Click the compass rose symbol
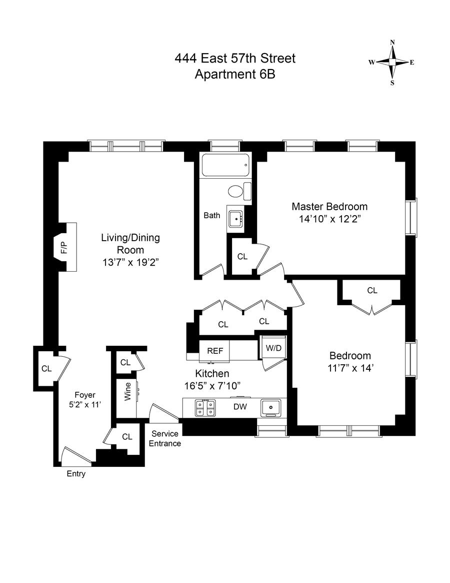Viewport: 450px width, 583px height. click(392, 62)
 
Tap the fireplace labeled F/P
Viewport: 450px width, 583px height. click(64, 247)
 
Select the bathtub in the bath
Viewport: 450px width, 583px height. click(225, 165)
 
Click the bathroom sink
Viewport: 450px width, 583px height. click(235, 219)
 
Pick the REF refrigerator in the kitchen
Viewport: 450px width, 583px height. click(215, 351)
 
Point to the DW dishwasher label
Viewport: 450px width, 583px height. click(240, 407)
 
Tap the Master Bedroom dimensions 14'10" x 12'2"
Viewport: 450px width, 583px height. click(329, 219)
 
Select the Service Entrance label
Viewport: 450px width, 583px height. click(165, 438)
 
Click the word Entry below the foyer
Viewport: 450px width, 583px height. click(76, 474)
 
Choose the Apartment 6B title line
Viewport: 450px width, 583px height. click(235, 75)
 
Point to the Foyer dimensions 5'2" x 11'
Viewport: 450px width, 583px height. click(85, 405)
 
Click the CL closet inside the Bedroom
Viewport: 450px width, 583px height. click(372, 290)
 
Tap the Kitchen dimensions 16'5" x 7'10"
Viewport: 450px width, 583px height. click(212, 386)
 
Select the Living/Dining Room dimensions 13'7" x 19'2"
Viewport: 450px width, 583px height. click(130, 262)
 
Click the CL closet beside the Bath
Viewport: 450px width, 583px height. click(242, 257)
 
